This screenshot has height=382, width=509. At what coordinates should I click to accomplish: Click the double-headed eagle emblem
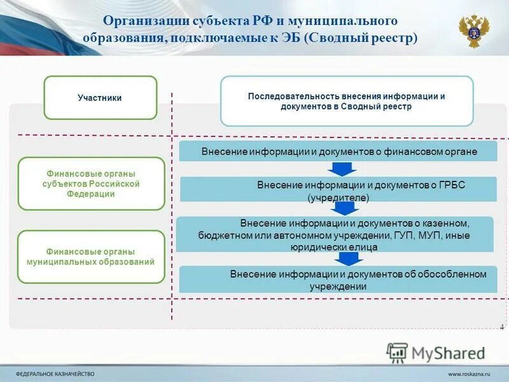[474, 30]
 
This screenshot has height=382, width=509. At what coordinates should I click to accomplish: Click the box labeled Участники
[100, 97]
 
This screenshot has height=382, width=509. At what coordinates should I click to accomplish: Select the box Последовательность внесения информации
[347, 101]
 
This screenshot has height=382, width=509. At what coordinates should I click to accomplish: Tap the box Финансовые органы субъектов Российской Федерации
[91, 183]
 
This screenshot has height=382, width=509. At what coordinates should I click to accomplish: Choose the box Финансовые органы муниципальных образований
[91, 257]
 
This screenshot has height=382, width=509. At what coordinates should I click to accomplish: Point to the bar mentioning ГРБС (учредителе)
[338, 190]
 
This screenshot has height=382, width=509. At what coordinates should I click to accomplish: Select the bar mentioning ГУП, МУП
[335, 234]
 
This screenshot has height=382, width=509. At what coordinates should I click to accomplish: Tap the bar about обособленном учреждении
[338, 279]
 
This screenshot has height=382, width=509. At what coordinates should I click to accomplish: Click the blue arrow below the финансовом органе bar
[343, 169]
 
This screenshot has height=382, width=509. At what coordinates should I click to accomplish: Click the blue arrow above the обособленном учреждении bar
[347, 258]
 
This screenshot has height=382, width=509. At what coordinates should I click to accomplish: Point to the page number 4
[501, 327]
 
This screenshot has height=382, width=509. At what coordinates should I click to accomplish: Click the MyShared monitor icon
[397, 352]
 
